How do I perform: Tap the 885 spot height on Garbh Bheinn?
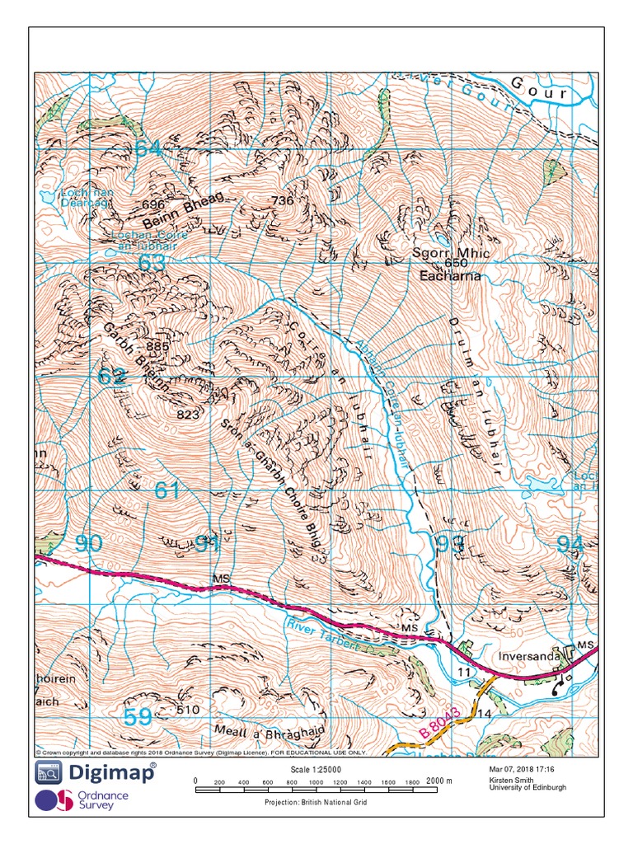(x=157, y=346)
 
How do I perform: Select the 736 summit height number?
(x=283, y=200)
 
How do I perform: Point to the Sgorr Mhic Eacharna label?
(x=450, y=265)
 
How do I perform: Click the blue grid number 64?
(x=149, y=149)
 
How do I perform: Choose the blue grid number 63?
(x=152, y=263)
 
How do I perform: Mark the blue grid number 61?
(x=166, y=490)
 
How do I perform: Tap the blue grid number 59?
(x=138, y=717)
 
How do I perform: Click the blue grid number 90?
(x=88, y=543)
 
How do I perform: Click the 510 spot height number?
(x=189, y=709)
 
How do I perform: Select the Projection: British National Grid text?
(x=316, y=802)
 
